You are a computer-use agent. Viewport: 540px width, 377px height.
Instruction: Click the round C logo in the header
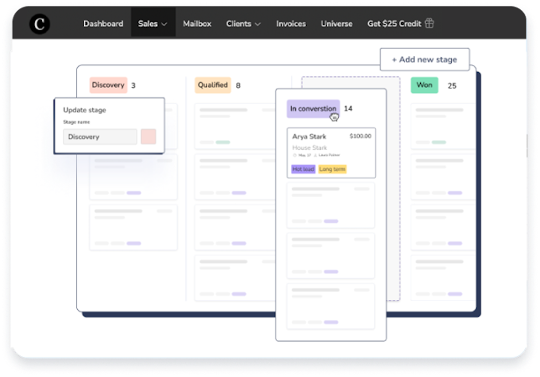[x=39, y=23]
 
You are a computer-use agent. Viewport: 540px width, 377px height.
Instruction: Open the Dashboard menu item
[x=103, y=23]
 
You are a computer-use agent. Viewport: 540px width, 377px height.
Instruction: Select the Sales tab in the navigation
[x=153, y=23]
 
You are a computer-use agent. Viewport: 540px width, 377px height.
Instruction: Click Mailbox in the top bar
[x=197, y=23]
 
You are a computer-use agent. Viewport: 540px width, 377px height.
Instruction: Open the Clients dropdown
[x=243, y=23]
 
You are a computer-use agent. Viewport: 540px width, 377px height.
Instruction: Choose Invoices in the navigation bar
[x=292, y=23]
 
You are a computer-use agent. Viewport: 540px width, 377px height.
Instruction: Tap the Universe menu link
[x=336, y=23]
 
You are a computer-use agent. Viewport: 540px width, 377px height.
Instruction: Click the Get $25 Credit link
[x=400, y=23]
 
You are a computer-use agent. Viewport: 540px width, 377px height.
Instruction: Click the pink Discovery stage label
[x=108, y=85]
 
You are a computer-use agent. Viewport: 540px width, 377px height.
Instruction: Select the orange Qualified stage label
[x=213, y=85]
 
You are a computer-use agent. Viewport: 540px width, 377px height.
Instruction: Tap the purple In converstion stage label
[x=313, y=108]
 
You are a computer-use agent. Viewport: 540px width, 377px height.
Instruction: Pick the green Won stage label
[x=424, y=85]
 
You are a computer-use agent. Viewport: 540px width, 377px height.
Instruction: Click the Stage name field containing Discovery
[x=100, y=137]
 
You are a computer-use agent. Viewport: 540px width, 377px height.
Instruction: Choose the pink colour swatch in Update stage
[x=148, y=137]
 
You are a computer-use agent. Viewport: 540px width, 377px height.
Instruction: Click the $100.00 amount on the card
[x=361, y=136]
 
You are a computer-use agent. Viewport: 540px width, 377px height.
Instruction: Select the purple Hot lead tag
[x=303, y=169]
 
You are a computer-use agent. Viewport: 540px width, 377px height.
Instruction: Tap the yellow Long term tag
[x=332, y=169]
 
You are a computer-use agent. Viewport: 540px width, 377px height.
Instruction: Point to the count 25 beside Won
[x=452, y=85]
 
